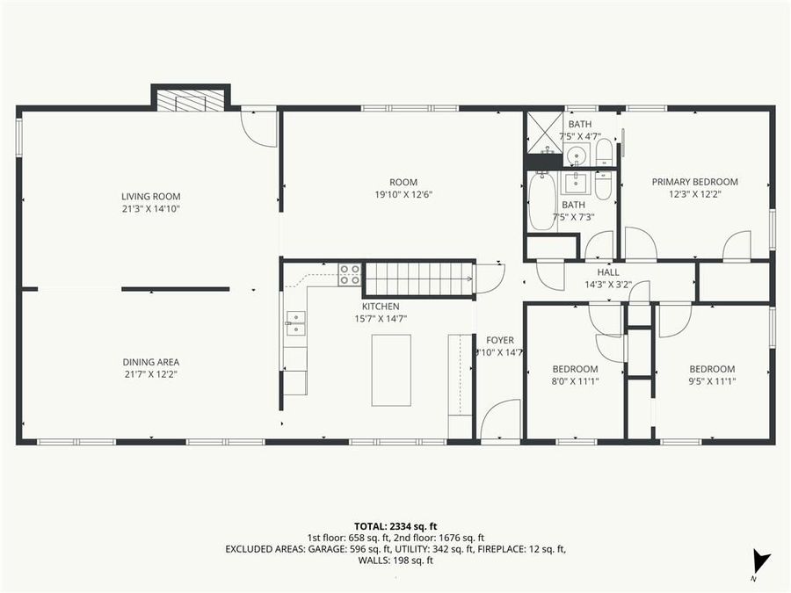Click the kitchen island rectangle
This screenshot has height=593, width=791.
391,370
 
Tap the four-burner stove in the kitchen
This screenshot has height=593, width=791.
350,274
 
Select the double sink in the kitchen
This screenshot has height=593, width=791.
294,324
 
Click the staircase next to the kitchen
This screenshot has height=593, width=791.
419,279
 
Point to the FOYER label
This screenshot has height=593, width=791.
500,340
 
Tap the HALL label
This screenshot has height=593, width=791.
608,272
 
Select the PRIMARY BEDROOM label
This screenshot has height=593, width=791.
694,182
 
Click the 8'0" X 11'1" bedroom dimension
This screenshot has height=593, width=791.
575,381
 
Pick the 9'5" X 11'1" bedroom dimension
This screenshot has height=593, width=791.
711,381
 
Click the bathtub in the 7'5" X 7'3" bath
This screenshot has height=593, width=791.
542,203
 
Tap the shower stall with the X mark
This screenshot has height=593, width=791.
545,134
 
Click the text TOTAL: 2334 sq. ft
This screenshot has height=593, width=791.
395,524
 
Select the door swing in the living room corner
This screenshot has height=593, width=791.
261,128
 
